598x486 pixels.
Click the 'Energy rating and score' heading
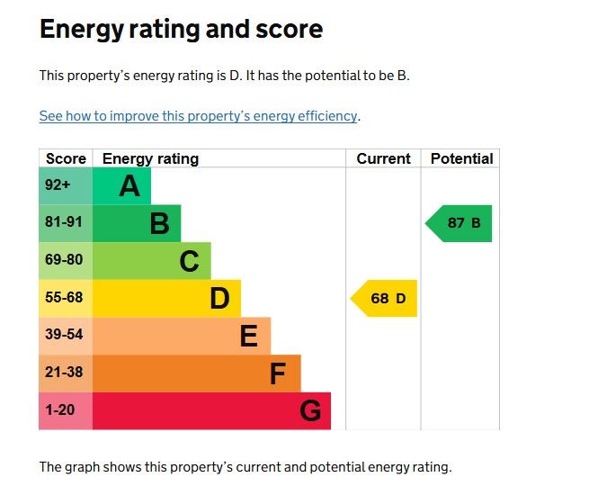[181, 29]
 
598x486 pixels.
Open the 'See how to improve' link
[199, 116]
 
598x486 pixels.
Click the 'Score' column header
[66, 158]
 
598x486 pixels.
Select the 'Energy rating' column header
[150, 158]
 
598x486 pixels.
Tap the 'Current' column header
[383, 158]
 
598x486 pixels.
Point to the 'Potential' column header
[461, 158]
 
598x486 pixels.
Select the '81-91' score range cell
[63, 222]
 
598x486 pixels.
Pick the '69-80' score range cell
[63, 260]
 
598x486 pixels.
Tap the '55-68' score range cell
[63, 298]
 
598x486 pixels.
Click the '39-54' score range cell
[63, 335]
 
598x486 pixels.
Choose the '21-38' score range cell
[63, 373]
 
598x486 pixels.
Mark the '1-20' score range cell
[60, 410]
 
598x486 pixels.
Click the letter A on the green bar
[129, 186]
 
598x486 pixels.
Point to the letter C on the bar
[189, 261]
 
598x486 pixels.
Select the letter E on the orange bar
[249, 337]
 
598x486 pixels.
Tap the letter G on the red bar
[310, 411]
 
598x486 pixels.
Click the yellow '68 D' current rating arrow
[385, 298]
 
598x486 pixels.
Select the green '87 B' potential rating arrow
[460, 223]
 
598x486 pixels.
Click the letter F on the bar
[279, 373]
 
